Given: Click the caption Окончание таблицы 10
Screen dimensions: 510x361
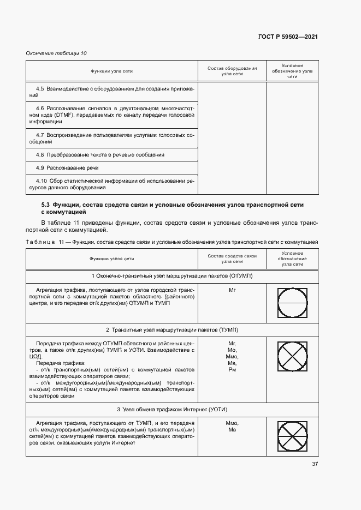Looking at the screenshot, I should (56, 53).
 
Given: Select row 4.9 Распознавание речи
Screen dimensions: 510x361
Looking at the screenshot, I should (68, 167).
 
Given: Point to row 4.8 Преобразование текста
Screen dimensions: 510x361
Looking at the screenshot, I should (100, 155).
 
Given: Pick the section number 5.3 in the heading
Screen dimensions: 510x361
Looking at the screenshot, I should (46, 204).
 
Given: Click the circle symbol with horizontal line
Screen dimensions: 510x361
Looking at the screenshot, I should (292, 303).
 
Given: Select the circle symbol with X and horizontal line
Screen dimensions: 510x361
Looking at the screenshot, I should (292, 437).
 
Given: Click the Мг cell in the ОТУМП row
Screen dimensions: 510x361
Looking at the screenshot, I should (232, 290).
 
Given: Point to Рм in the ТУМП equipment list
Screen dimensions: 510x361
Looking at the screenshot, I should (232, 370).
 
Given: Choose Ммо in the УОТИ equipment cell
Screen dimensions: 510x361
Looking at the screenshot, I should (232, 423).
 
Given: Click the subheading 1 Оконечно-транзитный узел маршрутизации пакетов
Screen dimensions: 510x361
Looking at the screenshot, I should (171, 276).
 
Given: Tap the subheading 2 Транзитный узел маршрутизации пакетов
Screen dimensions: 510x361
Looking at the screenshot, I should (171, 330).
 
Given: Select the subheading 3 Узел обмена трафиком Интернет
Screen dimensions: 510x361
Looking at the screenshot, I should (171, 409).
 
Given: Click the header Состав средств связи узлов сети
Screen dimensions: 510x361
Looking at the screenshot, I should (232, 259).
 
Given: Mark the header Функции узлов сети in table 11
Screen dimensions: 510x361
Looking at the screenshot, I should (112, 259).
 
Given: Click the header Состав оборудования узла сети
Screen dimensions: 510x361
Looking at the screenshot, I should (232, 71).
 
